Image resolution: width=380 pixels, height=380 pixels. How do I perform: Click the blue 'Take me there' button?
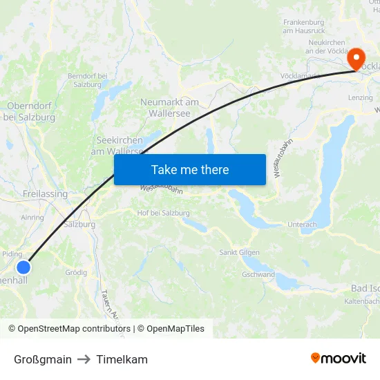click(190, 170)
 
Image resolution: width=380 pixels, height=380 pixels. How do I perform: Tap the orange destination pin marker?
click(357, 59)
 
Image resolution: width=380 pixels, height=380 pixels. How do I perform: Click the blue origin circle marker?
click(23, 267)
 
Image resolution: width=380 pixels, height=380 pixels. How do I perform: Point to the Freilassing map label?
click(45, 194)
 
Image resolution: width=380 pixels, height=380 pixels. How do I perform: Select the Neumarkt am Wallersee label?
click(169, 107)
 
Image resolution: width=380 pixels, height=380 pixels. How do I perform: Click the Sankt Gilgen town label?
click(240, 252)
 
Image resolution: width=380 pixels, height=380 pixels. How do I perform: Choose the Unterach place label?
click(302, 225)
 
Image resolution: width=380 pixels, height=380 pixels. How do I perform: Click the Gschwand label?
click(258, 274)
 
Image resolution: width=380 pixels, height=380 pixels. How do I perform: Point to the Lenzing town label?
click(361, 98)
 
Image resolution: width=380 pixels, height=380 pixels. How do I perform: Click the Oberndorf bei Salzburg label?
click(31, 111)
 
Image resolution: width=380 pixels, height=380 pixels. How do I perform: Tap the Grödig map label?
click(76, 272)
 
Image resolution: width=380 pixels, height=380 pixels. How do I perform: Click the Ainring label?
click(32, 217)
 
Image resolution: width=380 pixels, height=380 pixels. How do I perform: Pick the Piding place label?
click(12, 254)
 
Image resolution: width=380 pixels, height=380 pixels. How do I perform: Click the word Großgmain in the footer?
click(43, 359)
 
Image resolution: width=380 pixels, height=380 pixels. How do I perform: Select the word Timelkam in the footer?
click(122, 359)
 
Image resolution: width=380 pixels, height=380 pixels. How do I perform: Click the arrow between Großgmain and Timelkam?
click(84, 359)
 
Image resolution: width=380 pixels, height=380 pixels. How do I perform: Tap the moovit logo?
click(339, 359)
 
